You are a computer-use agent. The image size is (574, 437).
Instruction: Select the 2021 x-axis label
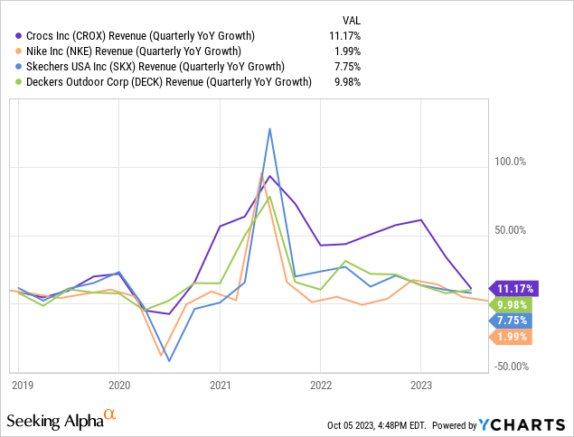[220, 383]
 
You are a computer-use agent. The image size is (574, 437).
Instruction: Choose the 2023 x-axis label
[420, 383]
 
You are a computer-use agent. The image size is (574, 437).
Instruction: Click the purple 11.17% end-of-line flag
[513, 289]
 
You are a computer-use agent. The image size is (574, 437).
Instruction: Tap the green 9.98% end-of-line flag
[513, 305]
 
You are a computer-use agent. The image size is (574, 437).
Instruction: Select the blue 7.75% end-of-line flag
[513, 321]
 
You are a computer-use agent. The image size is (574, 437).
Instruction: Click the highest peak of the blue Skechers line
[269, 128]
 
